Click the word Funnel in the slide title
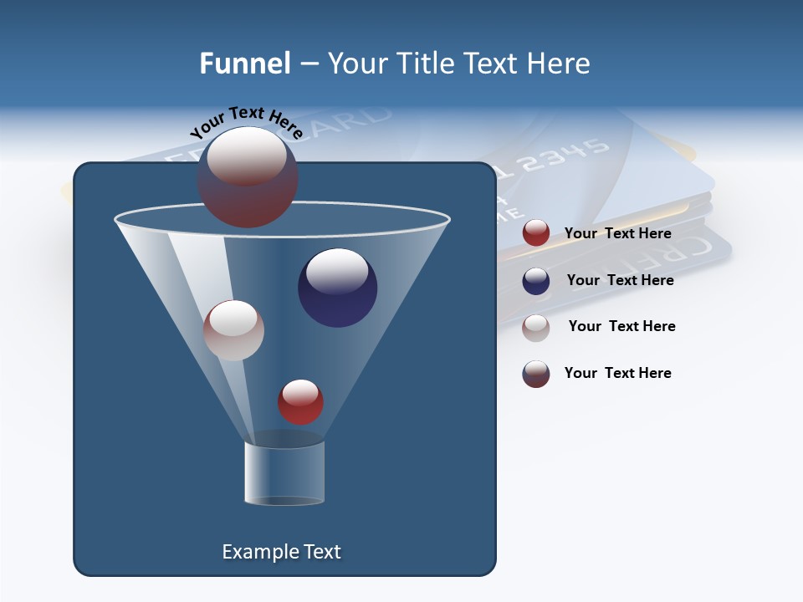coord(244,64)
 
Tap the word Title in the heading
coord(425,64)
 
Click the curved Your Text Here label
coord(245,123)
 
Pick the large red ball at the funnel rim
coord(247,177)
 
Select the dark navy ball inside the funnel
coord(337,288)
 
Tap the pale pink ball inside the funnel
coord(233,330)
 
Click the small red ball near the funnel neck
coord(300,401)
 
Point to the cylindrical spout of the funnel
coord(284,472)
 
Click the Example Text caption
coord(281,552)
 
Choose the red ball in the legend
coord(536,233)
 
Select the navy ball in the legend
coord(536,281)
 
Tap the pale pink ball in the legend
coord(536,328)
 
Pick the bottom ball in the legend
coord(536,375)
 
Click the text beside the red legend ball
coord(617,233)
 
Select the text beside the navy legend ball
coord(620,280)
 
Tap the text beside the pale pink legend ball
coord(621,326)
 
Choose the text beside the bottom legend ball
coord(617,373)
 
